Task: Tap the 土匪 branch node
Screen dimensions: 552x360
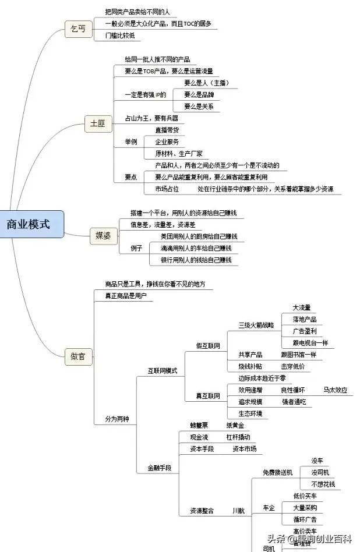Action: pyautogui.click(x=98, y=124)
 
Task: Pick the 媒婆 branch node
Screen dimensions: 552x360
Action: pyautogui.click(x=107, y=236)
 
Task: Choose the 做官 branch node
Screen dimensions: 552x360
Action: pyautogui.click(x=78, y=356)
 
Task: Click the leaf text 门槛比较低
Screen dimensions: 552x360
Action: pyautogui.click(x=120, y=36)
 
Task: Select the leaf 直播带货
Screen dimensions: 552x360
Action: pyautogui.click(x=167, y=130)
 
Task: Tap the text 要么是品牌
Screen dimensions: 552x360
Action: pyautogui.click(x=199, y=94)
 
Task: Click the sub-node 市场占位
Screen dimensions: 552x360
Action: pyautogui.click(x=167, y=189)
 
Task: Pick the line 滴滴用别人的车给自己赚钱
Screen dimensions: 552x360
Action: pyautogui.click(x=196, y=248)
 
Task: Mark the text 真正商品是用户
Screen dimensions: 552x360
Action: pyautogui.click(x=126, y=296)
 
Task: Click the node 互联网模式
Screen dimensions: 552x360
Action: pyautogui.click(x=163, y=371)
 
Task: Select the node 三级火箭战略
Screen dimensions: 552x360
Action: pyautogui.click(x=256, y=325)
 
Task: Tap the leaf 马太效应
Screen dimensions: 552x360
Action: pyautogui.click(x=336, y=390)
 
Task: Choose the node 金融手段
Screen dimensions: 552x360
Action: pyautogui.click(x=160, y=468)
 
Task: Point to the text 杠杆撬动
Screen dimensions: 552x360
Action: pyautogui.click(x=238, y=437)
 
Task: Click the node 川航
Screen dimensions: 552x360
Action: pyautogui.click(x=238, y=511)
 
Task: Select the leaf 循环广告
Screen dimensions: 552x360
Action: pyautogui.click(x=305, y=519)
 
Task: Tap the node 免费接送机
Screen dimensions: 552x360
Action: pyautogui.click(x=278, y=472)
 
